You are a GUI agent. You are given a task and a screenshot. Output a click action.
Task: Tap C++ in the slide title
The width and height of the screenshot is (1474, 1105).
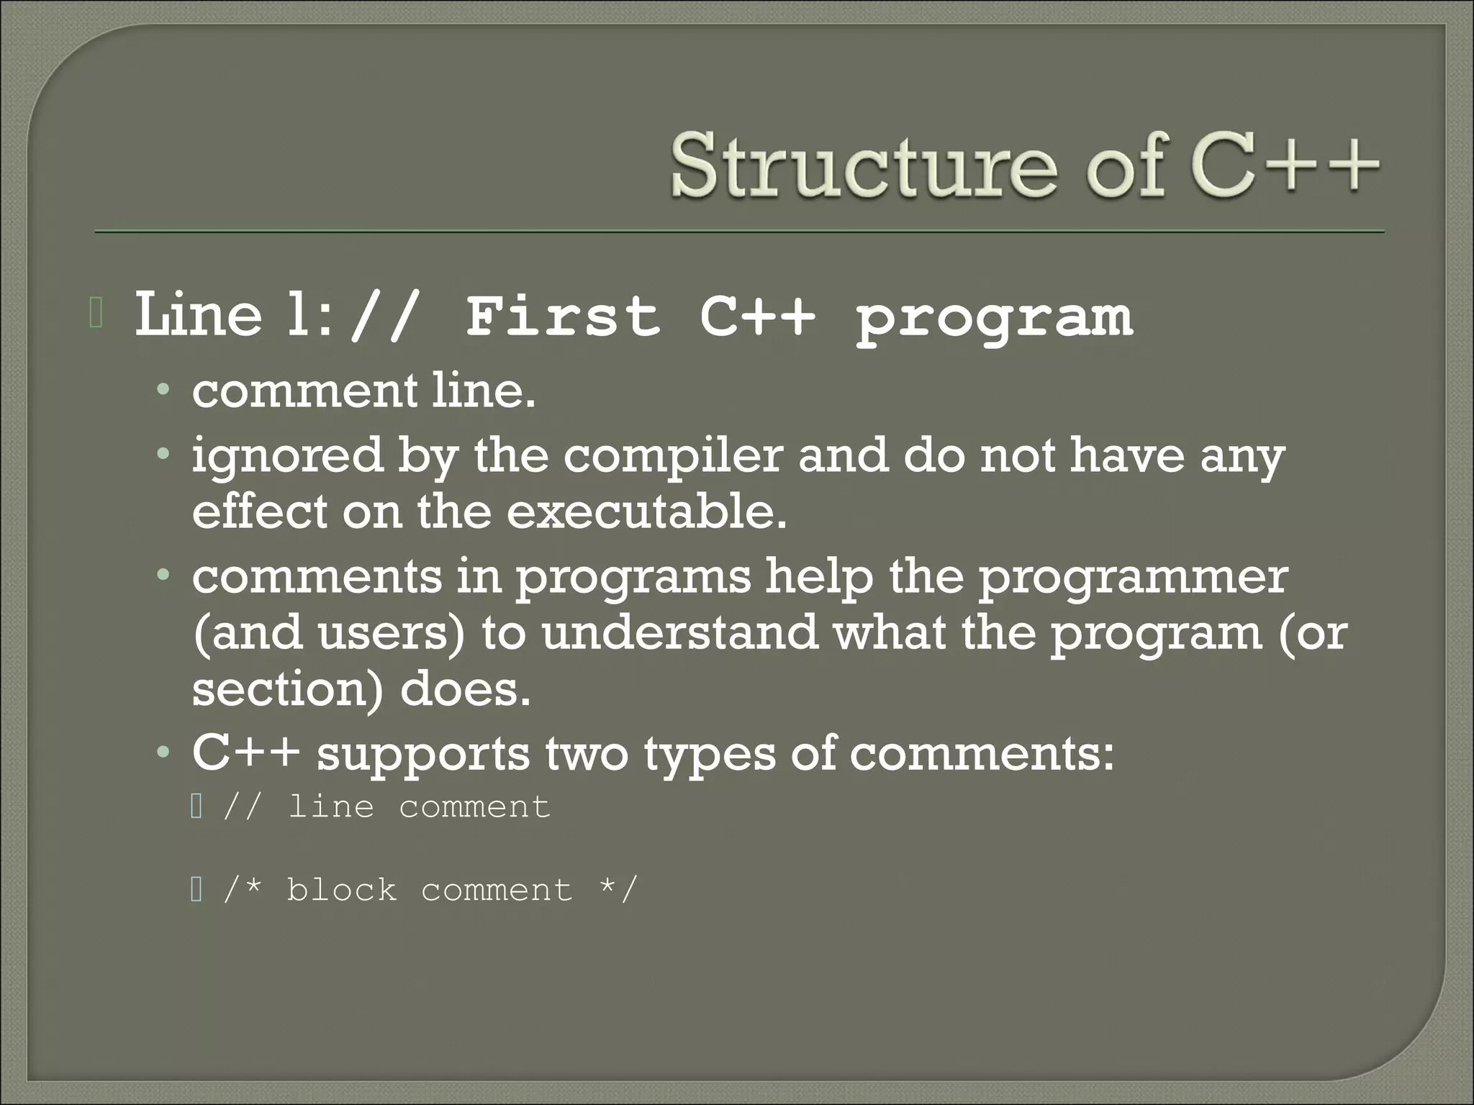pyautogui.click(x=1285, y=166)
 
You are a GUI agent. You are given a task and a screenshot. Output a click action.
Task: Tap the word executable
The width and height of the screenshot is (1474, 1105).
pyautogui.click(x=646, y=511)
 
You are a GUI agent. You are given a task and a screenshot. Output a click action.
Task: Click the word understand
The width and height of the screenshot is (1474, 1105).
pyautogui.click(x=679, y=633)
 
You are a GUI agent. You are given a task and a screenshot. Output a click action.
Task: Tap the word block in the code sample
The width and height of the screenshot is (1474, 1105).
pyautogui.click(x=341, y=890)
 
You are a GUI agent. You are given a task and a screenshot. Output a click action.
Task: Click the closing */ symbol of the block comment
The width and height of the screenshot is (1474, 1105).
pyautogui.click(x=618, y=890)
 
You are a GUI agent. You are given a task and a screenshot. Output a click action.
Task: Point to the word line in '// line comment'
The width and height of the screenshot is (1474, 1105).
pyautogui.click(x=330, y=806)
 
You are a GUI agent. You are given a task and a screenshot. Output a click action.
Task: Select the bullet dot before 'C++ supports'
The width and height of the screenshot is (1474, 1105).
pyautogui.click(x=165, y=754)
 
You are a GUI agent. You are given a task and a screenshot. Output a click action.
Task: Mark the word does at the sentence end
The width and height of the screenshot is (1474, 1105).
pyautogui.click(x=464, y=688)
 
